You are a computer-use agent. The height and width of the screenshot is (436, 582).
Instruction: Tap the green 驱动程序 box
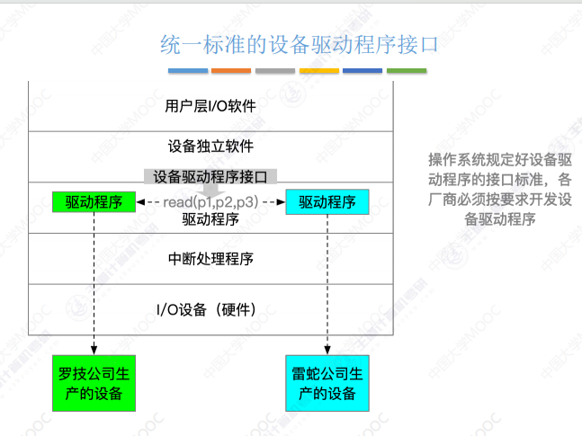(94, 201)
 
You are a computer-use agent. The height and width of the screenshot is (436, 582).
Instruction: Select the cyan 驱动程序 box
(327, 201)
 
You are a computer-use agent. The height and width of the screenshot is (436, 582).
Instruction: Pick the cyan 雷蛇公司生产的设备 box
(327, 385)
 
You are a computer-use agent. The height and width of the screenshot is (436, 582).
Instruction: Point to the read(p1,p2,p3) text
(210, 202)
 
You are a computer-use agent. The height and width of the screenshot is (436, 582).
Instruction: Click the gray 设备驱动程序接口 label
(210, 176)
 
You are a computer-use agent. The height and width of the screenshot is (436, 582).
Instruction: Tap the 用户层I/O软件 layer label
(210, 106)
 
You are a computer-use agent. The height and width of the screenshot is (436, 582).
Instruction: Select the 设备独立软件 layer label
(210, 146)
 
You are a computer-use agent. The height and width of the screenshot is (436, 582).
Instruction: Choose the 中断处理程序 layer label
(210, 259)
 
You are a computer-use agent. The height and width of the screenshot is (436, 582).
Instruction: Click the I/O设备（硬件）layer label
(210, 309)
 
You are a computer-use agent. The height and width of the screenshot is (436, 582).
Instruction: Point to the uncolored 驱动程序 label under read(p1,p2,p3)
(210, 219)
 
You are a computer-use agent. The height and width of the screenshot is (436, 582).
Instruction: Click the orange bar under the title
(231, 71)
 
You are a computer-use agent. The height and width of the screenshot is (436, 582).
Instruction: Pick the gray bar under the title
(274, 71)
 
